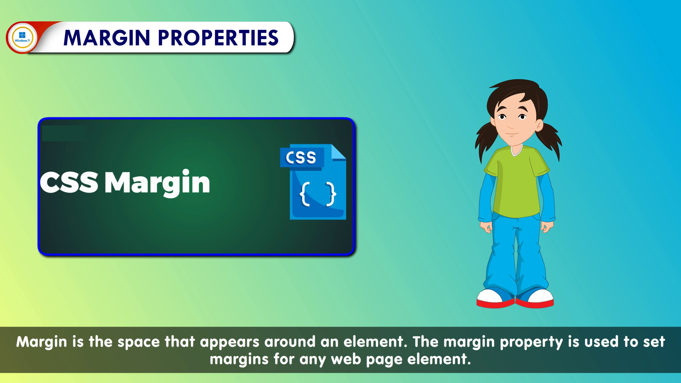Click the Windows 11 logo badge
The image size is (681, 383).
(x=22, y=37)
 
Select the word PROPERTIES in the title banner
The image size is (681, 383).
(x=218, y=38)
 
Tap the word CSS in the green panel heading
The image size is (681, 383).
(x=69, y=182)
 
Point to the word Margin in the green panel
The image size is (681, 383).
(x=157, y=183)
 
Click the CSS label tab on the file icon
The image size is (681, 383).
(x=301, y=157)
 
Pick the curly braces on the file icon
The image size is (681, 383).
(x=318, y=194)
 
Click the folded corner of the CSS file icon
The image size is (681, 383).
(x=338, y=152)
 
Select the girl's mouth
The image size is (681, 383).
(x=511, y=134)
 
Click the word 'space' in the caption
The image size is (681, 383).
(x=139, y=342)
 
